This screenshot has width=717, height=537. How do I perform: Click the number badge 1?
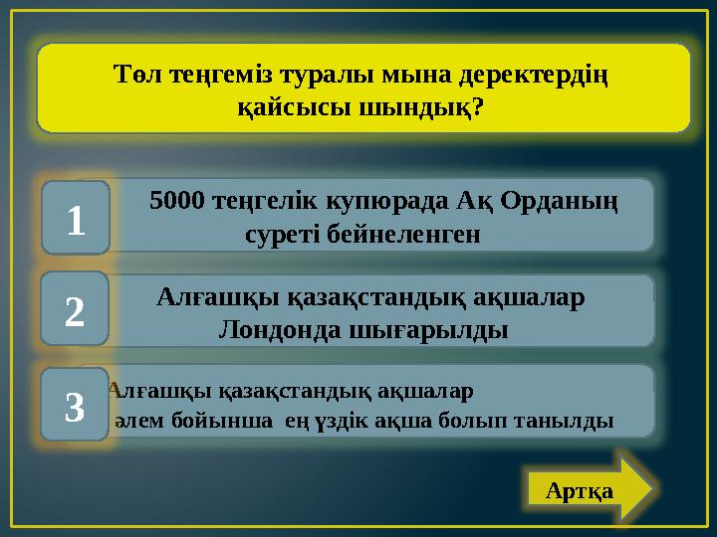(x=76, y=216)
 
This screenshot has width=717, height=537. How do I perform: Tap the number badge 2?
(x=76, y=309)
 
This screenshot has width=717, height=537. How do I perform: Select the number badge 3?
(x=76, y=404)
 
